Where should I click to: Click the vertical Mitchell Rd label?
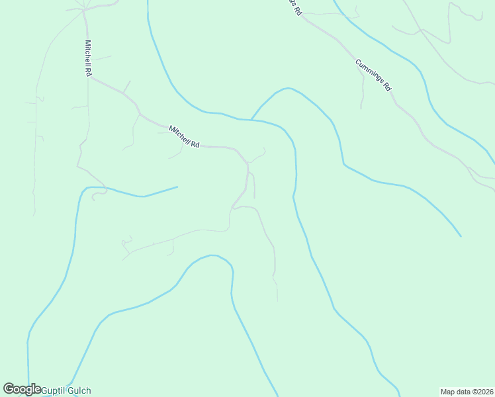point(87,58)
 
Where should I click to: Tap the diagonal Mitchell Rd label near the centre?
point(184,137)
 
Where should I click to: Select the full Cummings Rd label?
point(374,75)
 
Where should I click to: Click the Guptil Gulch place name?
point(66,390)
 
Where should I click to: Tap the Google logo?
point(22,390)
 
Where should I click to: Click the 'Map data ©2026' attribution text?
point(467,391)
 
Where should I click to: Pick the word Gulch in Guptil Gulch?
point(79,390)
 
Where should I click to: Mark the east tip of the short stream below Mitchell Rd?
point(177,187)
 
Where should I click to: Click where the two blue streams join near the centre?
point(251,120)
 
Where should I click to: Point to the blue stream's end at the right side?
point(461,236)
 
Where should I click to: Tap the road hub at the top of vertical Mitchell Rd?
point(84,10)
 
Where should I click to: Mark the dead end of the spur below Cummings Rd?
point(361,108)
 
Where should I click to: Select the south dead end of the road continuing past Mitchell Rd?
point(277,300)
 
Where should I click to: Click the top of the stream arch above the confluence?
point(286,88)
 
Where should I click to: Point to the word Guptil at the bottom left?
point(53,390)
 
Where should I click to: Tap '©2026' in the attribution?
point(481,391)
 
